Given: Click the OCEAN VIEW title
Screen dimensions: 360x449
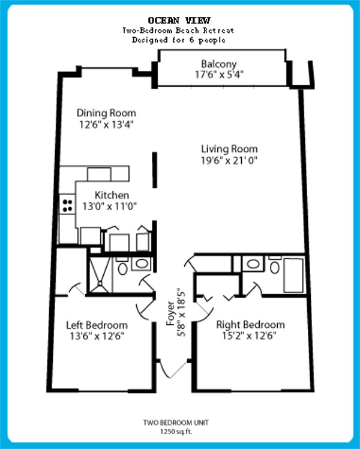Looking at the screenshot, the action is pos(179,20).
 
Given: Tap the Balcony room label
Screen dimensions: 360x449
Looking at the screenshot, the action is pos(219,64).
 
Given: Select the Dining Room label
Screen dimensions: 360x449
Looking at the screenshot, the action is pos(106,113).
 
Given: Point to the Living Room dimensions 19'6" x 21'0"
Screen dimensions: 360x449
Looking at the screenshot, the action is pos(229,160).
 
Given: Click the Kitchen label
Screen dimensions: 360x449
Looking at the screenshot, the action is pos(112,195).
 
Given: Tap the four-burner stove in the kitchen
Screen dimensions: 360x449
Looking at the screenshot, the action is pos(68,205).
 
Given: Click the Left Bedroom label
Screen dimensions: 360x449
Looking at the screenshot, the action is pos(97,325).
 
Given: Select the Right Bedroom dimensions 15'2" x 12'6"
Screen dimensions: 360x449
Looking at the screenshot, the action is pos(249,336).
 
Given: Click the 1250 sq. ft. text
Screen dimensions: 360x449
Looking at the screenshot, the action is pos(176,432).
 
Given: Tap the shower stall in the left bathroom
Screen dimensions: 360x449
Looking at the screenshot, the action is pos(100,275).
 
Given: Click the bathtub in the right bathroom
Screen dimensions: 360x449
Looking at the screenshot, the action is pos(293,276).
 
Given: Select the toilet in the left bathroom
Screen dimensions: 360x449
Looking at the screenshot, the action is pos(122,267).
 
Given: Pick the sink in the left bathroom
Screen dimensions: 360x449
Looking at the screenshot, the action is pos(142,264).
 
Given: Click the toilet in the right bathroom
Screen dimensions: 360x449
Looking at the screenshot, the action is pos(275,265).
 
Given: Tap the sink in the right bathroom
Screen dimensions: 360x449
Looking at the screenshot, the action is pos(253,264).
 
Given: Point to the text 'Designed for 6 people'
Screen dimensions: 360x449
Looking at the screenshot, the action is pos(179,40).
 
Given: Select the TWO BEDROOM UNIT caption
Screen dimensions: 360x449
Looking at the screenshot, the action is pos(176,423).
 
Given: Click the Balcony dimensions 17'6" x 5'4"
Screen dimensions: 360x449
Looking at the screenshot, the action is pos(219,74).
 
